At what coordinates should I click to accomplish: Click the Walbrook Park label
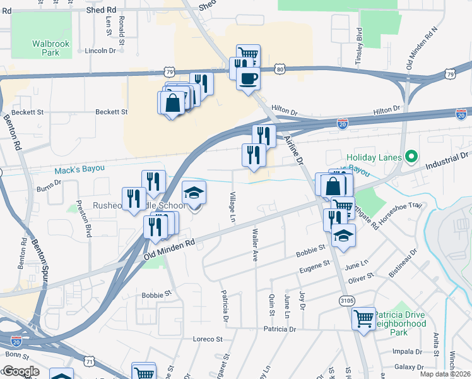[45, 48]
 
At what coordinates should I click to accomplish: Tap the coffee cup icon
[248, 78]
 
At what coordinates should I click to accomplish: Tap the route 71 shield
[90, 361]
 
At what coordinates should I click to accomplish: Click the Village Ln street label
[232, 206]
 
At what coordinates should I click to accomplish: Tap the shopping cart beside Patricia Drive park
[363, 318]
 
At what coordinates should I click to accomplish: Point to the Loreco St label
[208, 339]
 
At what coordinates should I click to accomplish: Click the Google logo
[21, 371]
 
